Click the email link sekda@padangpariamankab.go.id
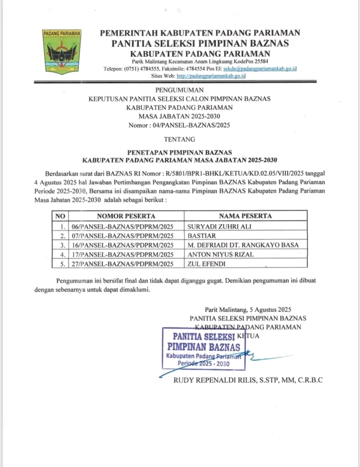(260, 68)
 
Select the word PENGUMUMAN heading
(179, 90)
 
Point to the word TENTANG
(179, 138)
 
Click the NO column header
(60, 216)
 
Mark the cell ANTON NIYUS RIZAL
(220, 254)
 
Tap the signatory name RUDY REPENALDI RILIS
(220, 380)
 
